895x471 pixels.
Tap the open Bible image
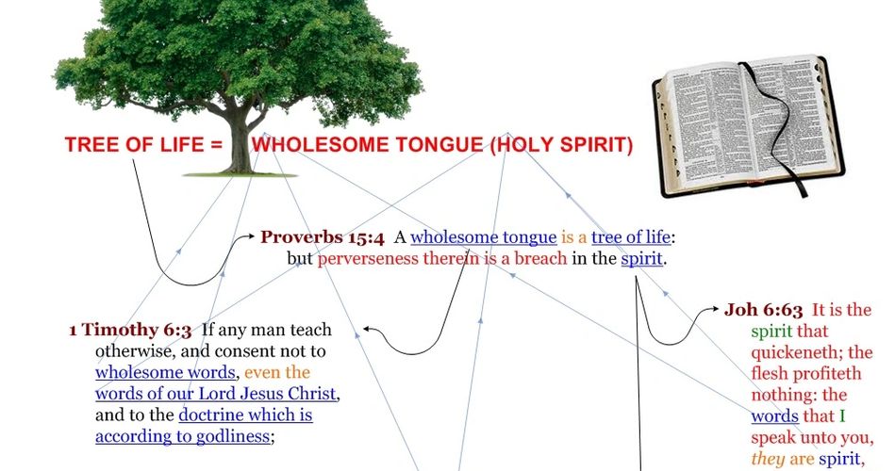748,126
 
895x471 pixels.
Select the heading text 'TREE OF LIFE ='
143,145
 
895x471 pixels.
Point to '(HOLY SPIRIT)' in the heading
562,145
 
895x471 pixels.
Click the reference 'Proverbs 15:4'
323,237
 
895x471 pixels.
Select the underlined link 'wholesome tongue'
484,237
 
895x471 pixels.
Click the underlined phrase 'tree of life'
630,237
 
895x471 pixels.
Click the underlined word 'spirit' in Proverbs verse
641,259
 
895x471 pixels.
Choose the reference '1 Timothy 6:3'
130,330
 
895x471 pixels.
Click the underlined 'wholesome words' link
165,372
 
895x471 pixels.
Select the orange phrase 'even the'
277,372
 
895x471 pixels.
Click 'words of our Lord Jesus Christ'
216,394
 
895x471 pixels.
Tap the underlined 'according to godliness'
182,437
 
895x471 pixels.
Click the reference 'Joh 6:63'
763,310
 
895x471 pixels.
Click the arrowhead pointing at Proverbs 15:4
251,235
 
